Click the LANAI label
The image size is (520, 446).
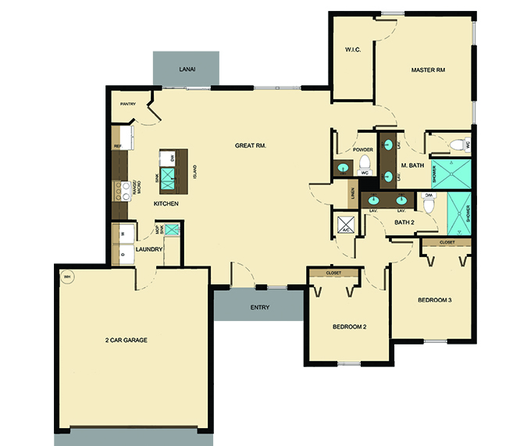187,70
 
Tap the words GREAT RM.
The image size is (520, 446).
251,145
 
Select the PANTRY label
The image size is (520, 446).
129,104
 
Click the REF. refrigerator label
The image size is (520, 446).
118,146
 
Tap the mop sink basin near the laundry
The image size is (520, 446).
172,230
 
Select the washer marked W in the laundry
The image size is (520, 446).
123,234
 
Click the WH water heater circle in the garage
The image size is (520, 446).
66,277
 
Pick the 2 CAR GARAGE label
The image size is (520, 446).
126,341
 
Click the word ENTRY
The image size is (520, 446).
260,307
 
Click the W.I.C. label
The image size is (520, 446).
351,51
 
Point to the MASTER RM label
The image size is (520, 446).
428,71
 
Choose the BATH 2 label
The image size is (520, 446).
404,223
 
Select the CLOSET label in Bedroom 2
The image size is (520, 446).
334,273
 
